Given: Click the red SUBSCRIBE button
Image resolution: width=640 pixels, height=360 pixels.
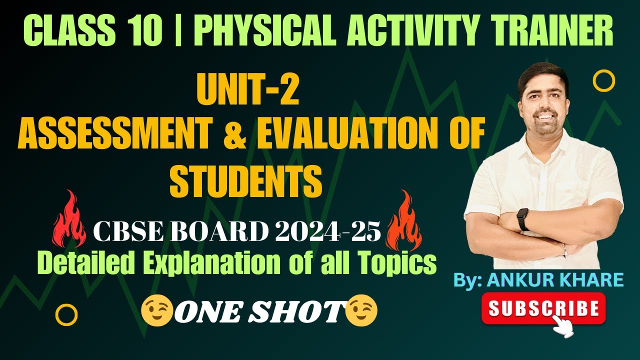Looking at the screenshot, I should pos(543,308).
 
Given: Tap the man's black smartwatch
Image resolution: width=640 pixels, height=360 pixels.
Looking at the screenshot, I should pos(523,219).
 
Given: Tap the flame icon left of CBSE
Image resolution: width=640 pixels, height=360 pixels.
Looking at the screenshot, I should pos(68,223).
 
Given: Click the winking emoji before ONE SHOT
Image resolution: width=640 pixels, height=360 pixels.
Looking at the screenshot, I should pos(156,311).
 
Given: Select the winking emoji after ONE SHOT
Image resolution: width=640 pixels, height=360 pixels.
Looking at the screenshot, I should pos(361,311).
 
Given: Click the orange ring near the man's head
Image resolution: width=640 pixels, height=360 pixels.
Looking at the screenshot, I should pos(603,80).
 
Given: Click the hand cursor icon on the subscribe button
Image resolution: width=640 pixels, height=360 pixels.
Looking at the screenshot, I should pos(565,325).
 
